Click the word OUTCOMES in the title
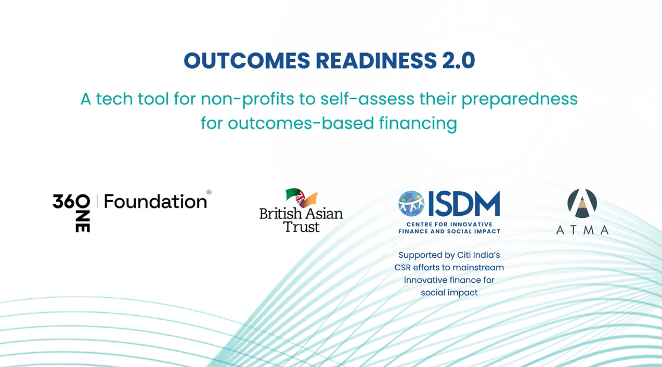tap(247, 60)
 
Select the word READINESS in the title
tap(376, 60)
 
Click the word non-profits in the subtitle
tap(248, 99)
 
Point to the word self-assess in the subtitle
tap(367, 99)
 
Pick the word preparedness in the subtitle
tap(520, 99)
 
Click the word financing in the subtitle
tap(418, 124)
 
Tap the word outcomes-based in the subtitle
tap(301, 123)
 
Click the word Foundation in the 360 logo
tap(155, 202)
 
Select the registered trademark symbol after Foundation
tap(209, 192)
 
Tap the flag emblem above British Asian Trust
tap(302, 198)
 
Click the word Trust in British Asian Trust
tap(302, 227)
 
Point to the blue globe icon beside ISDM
tap(411, 203)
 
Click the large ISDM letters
tap(464, 203)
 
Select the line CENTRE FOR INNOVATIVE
tap(449, 224)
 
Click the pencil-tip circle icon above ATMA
tap(582, 203)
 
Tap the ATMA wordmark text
tap(582, 230)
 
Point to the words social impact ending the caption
tap(449, 293)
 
